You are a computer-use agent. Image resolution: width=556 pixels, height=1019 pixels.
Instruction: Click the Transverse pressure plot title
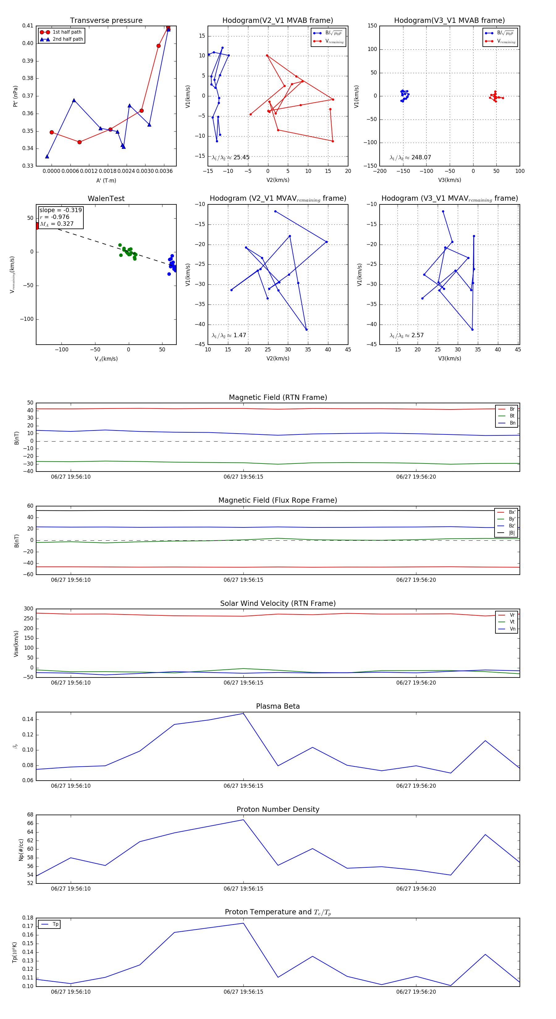point(106,21)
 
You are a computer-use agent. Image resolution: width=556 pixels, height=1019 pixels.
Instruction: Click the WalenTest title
point(106,199)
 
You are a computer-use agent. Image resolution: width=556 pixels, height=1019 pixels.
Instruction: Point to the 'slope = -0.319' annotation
point(61,210)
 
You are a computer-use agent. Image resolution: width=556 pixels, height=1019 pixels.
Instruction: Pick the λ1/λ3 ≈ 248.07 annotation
point(411,157)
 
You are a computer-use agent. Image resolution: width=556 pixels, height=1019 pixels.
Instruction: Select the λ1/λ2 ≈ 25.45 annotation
point(231,157)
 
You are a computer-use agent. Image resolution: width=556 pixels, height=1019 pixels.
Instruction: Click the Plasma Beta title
point(278,706)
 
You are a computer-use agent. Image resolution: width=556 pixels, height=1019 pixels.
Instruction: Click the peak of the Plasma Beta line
point(243,713)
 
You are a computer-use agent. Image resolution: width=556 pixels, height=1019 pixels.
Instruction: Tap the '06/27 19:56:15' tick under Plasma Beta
point(243,786)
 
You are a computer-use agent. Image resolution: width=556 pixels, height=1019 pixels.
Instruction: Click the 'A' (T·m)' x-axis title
point(106,180)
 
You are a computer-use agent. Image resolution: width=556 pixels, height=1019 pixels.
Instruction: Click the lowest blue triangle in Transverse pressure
point(47,157)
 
